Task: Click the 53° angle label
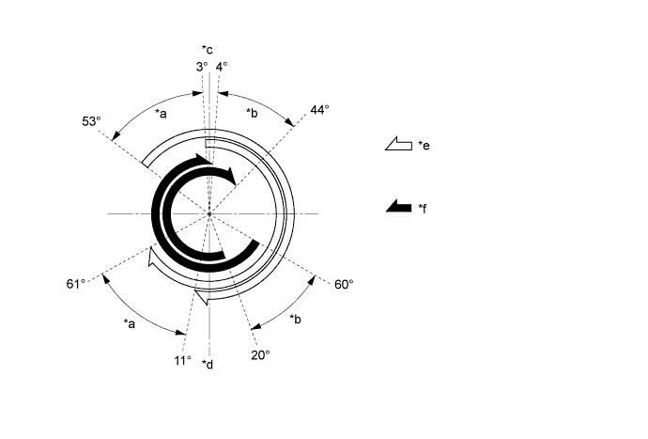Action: pos(91,121)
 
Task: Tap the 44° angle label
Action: pos(320,110)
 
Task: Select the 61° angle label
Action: pos(76,284)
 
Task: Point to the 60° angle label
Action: pos(344,284)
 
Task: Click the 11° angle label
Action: pos(183,361)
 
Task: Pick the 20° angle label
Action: pos(260,355)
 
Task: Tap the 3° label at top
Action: pos(202,67)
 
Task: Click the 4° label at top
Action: pos(222,67)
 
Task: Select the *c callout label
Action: pos(208,50)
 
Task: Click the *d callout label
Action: pos(208,364)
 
